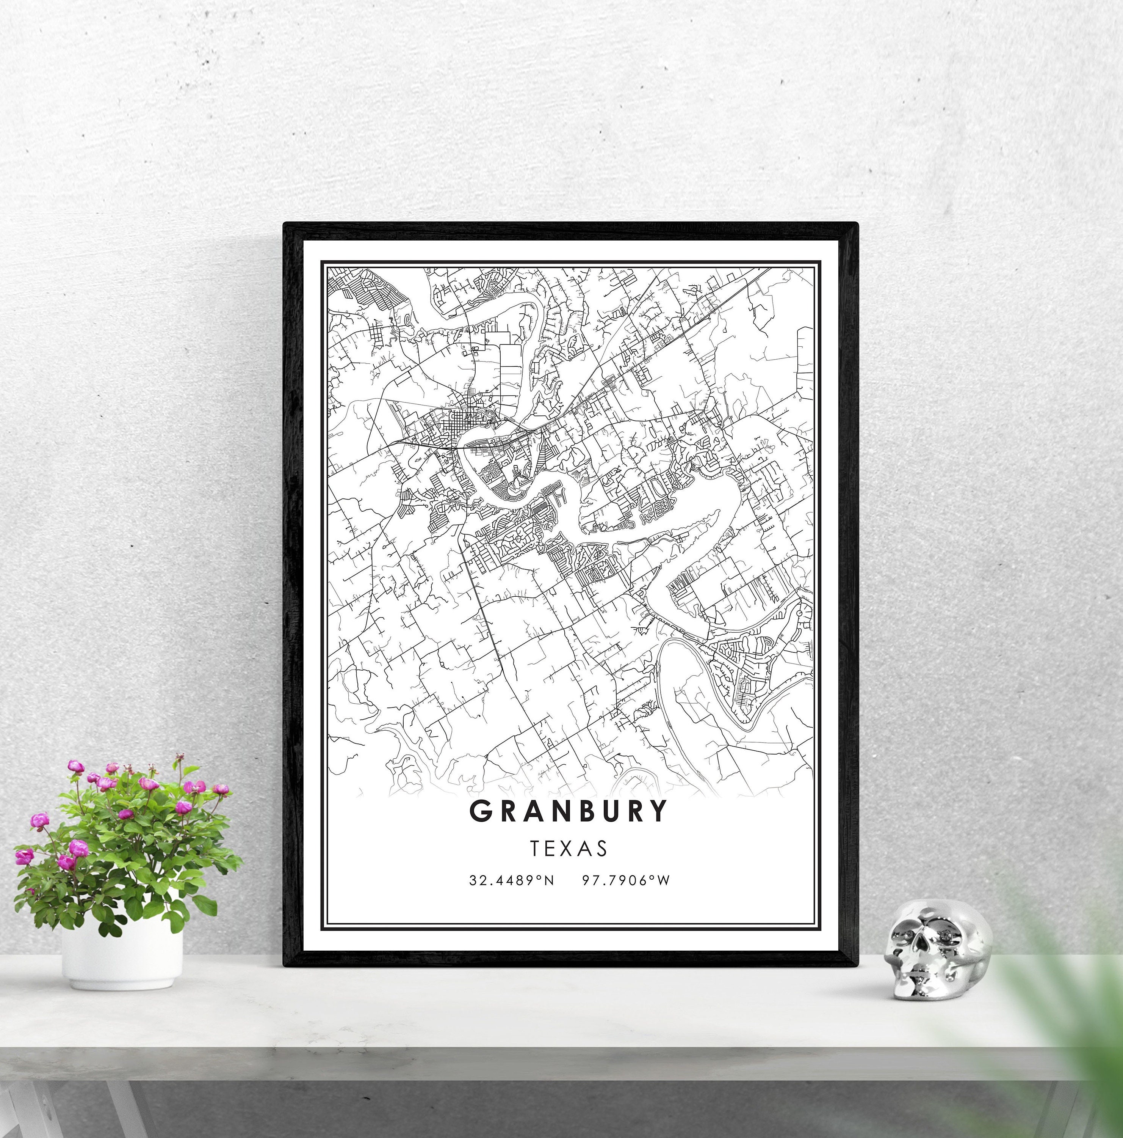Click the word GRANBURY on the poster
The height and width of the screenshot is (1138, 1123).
569,811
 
